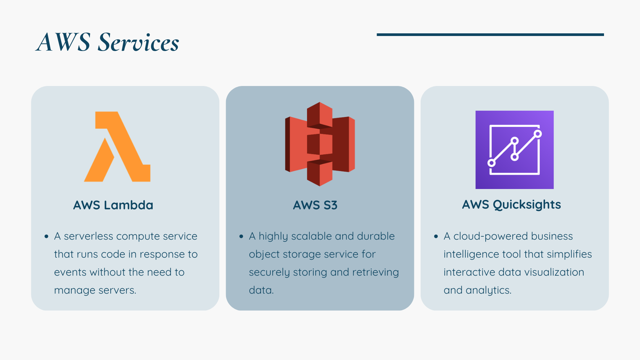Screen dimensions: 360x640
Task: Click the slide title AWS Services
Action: [107, 42]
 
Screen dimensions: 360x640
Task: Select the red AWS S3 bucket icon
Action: [320, 144]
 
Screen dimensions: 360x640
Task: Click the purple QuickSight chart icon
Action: [514, 150]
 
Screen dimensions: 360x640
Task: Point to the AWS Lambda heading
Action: [113, 205]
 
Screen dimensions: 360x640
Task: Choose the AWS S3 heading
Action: [315, 205]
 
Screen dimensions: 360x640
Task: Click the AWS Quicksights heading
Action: [511, 204]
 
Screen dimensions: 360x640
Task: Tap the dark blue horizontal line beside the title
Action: [490, 35]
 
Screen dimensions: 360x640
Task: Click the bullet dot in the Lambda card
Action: [46, 237]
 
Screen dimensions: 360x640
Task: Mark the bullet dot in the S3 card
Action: [241, 237]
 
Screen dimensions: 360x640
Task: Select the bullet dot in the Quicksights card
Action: [436, 237]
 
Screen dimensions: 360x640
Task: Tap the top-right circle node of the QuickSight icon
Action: [537, 134]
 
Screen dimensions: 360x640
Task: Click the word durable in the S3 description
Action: [376, 236]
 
